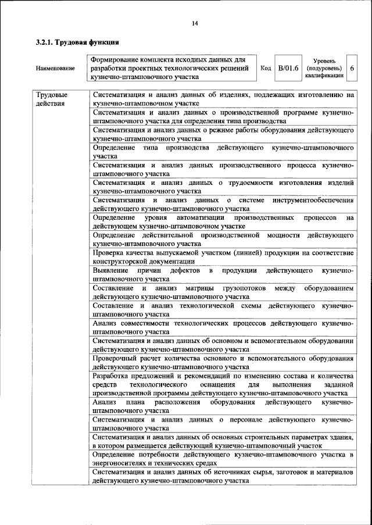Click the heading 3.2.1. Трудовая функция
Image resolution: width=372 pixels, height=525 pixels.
click(x=77, y=42)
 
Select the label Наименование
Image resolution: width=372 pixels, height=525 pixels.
click(x=55, y=69)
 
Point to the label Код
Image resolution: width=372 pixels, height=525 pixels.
click(x=266, y=69)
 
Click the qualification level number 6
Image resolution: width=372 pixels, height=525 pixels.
click(x=352, y=68)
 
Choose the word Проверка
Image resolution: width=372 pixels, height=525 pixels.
click(x=109, y=253)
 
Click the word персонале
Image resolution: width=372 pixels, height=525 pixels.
click(x=248, y=419)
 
